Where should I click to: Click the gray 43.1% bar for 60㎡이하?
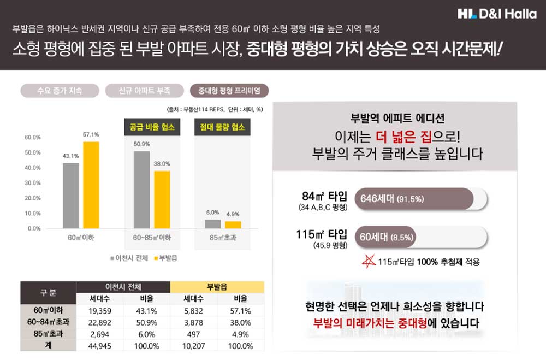(70, 195)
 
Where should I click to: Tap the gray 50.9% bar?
(141, 189)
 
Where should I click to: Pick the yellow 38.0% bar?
(162, 199)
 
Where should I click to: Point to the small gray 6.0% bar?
(212, 223)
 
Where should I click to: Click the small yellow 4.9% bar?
(233, 225)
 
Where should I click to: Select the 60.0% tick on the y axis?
(33, 137)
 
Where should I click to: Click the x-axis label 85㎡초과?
(222, 238)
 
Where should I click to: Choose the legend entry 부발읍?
(165, 258)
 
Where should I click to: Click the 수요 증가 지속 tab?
(60, 91)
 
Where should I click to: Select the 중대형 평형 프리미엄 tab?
(229, 91)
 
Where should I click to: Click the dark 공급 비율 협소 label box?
(152, 127)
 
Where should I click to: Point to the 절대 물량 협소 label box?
(222, 127)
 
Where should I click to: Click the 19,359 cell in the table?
(100, 311)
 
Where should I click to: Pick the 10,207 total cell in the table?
(194, 346)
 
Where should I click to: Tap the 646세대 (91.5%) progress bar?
(414, 199)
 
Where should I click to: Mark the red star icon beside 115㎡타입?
(370, 261)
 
